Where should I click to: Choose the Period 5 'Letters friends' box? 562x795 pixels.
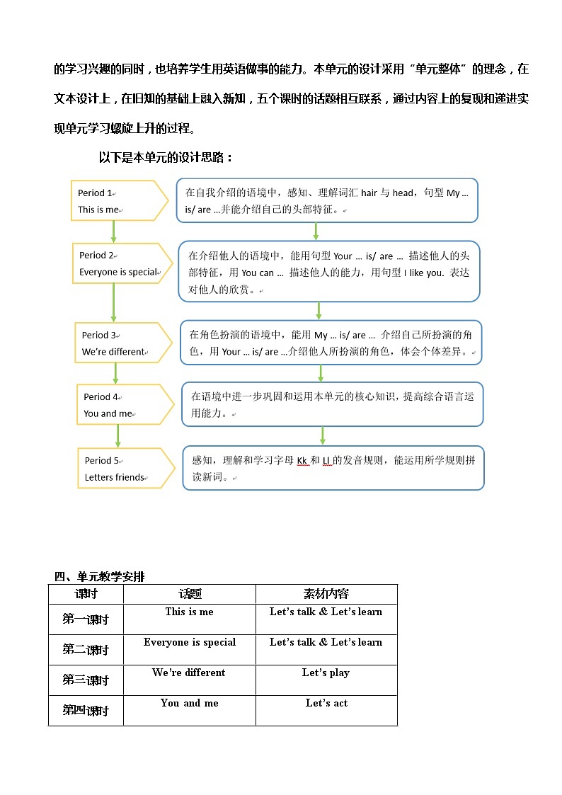click(125, 469)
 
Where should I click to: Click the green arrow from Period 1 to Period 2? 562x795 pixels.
click(113, 231)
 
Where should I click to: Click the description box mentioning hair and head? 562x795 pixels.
click(326, 200)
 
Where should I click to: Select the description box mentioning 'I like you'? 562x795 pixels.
click(329, 272)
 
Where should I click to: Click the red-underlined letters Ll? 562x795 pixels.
click(326, 460)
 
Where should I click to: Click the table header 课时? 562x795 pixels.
click(86, 594)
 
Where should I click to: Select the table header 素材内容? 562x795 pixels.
click(326, 594)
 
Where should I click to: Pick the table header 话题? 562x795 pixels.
click(190, 594)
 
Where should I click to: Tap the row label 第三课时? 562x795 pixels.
click(86, 680)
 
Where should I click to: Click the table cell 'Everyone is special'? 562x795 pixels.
click(190, 642)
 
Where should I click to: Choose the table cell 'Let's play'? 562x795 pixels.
click(326, 673)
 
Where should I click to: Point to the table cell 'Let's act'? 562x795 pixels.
click(326, 703)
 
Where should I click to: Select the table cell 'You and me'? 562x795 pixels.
click(190, 703)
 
